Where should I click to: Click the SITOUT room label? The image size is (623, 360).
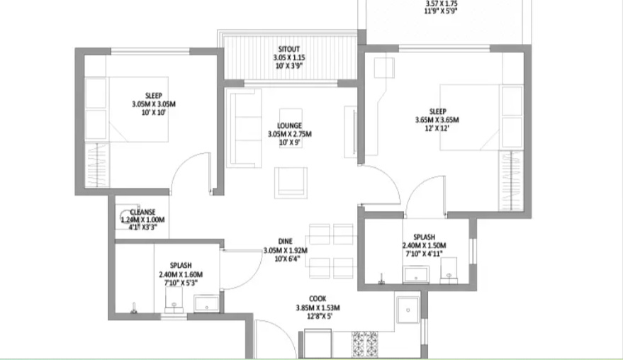288,48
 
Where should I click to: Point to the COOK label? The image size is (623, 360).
318,298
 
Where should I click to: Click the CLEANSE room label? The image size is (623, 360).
142,212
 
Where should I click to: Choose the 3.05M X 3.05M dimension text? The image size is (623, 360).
153,104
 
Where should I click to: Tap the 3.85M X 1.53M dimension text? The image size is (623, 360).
318,308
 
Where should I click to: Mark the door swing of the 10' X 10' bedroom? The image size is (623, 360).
194,174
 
